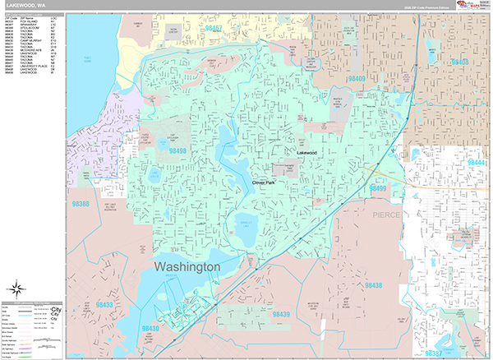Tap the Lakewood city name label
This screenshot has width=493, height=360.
click(x=306, y=153)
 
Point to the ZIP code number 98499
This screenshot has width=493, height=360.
click(x=376, y=188)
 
